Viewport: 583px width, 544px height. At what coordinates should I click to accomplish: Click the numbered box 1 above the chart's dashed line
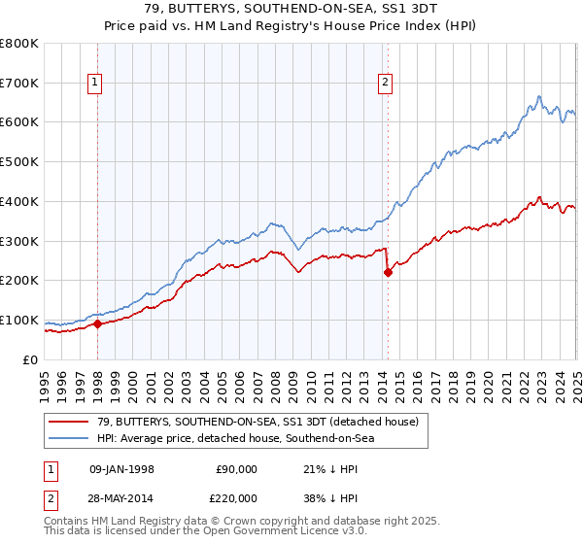click(96, 84)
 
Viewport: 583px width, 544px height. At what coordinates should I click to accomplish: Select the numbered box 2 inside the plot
click(386, 84)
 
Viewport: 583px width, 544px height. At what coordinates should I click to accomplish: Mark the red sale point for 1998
click(97, 324)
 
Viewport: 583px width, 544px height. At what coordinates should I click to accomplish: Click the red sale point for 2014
click(388, 273)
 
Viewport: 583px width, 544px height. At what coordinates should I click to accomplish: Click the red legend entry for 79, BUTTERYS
click(244, 421)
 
